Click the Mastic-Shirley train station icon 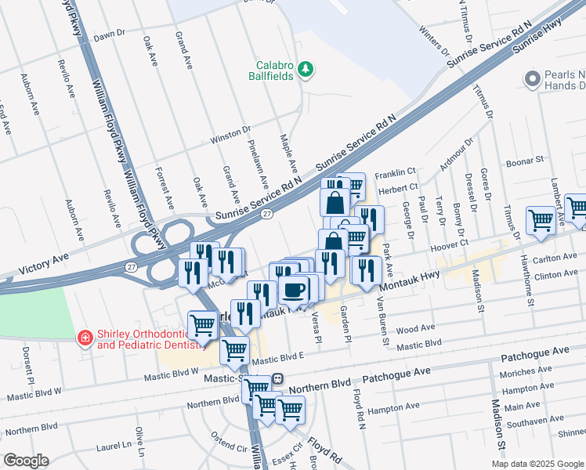click(x=277, y=378)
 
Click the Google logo click(x=26, y=461)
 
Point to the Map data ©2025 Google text click(x=537, y=463)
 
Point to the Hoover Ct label click(x=450, y=243)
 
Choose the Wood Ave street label click(x=414, y=331)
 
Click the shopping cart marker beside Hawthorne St click(x=541, y=222)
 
